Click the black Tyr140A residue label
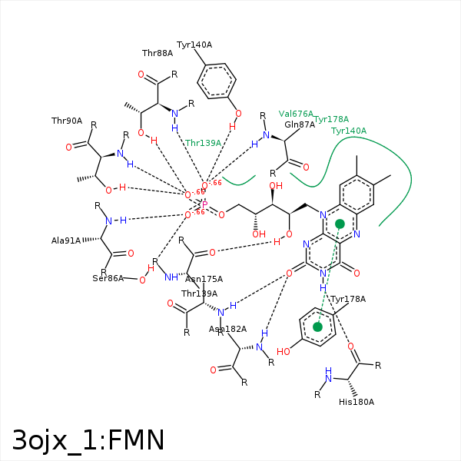pyautogui.click(x=194, y=45)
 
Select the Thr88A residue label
pyautogui.click(x=158, y=53)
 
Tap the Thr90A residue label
pyautogui.click(x=67, y=121)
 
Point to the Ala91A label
pyautogui.click(x=66, y=240)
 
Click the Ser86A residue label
pyautogui.click(x=108, y=277)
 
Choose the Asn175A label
pyautogui.click(x=204, y=279)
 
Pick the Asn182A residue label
pyautogui.click(x=228, y=329)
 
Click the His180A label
pyautogui.click(x=357, y=402)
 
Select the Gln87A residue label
pyautogui.click(x=300, y=124)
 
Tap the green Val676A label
pyautogui.click(x=296, y=114)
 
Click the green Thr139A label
pyautogui.click(x=203, y=143)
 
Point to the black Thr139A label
pyautogui.click(x=199, y=294)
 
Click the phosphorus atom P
pyautogui.click(x=204, y=204)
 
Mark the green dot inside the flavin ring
pyautogui.click(x=340, y=224)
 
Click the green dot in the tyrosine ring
pyautogui.click(x=317, y=327)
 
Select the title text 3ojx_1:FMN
pyautogui.click(x=88, y=439)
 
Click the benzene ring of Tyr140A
pyautogui.click(x=217, y=80)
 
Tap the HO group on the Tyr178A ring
pyautogui.click(x=284, y=352)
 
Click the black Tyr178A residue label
pyautogui.click(x=348, y=299)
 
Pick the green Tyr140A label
pyautogui.click(x=349, y=131)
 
